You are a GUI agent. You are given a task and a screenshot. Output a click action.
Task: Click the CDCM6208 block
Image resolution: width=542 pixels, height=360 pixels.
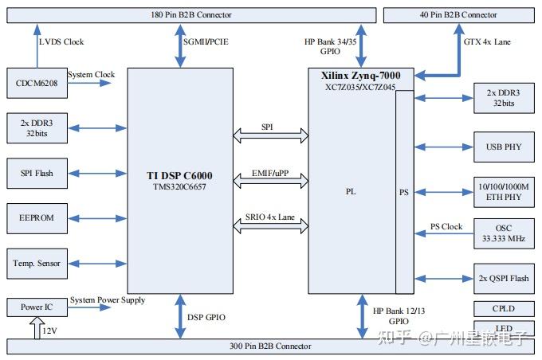tap(35, 80)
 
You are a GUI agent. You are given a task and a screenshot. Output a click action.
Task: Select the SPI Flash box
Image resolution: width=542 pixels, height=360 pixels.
tap(35, 172)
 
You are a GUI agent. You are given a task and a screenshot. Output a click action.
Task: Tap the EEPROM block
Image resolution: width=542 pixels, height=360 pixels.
tap(35, 217)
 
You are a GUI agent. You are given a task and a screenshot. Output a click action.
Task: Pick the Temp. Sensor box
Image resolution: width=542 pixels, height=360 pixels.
tap(35, 261)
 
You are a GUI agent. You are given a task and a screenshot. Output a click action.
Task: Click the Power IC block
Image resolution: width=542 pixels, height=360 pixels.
tap(35, 307)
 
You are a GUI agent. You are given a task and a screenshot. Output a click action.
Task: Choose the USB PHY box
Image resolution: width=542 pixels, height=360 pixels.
tap(504, 147)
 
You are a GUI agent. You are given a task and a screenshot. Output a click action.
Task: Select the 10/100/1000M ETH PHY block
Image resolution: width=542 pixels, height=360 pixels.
tap(504, 191)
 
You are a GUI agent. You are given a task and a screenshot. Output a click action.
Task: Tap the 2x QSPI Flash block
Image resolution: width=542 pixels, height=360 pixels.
tap(504, 279)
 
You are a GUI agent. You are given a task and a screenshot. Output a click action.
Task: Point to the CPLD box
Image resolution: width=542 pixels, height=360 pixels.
tap(504, 308)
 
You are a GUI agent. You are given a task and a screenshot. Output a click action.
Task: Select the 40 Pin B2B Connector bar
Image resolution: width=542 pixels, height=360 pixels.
tap(458, 15)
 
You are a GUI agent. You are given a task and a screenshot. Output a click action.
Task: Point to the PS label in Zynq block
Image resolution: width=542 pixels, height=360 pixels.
tap(405, 192)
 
